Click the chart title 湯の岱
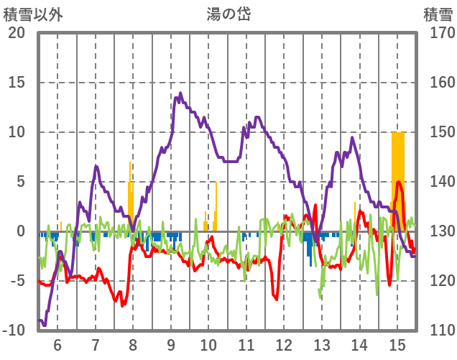[228, 13]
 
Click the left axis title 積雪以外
[34, 13]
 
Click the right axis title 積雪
[438, 13]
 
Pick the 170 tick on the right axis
[438, 33]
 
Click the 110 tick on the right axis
[438, 331]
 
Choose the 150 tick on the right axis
[438, 132]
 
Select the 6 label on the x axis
[57, 344]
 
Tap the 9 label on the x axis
[170, 344]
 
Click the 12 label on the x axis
[284, 344]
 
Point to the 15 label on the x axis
[397, 344]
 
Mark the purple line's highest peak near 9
[180, 93]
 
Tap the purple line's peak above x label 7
[96, 167]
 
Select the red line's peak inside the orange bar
[398, 183]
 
